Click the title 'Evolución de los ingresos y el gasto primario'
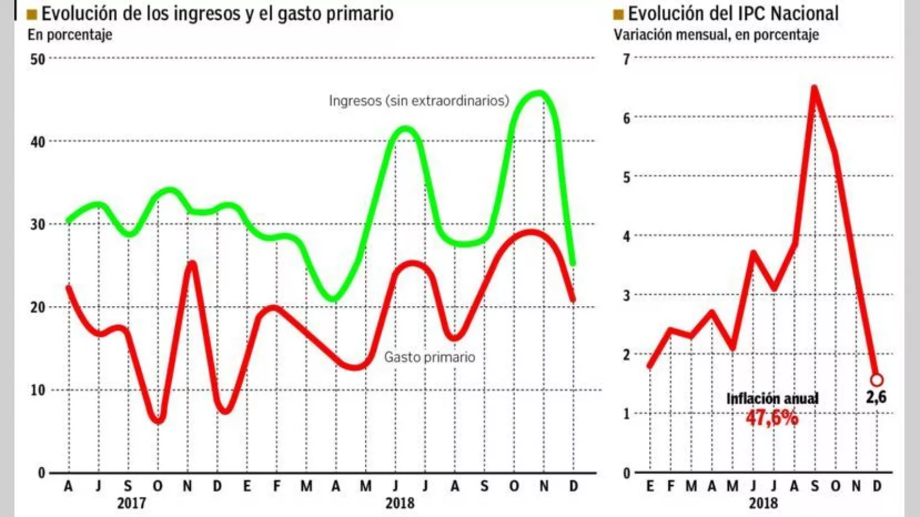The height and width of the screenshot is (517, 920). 217,13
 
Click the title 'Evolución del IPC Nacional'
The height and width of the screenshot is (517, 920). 733,13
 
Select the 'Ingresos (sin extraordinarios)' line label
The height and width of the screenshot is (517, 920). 419,101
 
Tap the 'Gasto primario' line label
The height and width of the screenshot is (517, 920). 430,357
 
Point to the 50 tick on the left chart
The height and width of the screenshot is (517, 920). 37,59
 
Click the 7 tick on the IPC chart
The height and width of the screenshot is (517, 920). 626,59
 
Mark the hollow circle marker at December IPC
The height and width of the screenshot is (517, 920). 877,380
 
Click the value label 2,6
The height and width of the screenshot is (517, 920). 876,397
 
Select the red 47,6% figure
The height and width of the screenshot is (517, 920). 772,418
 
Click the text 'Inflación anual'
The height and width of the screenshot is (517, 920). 772,399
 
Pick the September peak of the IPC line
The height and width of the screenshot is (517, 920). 815,88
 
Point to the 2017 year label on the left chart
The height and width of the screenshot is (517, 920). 132,503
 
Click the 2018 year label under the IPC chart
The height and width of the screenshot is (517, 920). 763,503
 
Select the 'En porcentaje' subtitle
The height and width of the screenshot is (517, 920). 70,34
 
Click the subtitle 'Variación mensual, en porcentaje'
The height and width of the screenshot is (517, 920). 716,34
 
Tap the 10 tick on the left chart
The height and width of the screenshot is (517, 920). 37,391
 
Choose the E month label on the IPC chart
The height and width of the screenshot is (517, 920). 650,487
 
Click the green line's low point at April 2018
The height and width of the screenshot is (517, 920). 334,299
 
